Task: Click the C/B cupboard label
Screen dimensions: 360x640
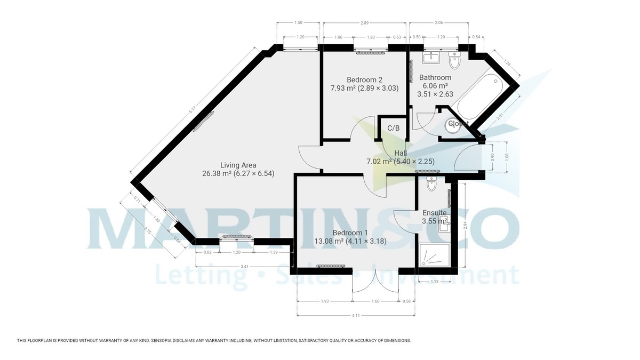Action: coord(394,128)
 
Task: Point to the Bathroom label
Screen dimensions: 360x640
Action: coord(435,77)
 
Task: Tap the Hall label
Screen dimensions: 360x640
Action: coord(401,153)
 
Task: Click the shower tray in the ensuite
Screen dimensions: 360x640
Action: coord(433,255)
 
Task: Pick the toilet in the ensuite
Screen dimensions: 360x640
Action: coord(432,185)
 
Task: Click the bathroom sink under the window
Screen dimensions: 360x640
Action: coord(431,58)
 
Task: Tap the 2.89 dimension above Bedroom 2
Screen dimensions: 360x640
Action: coord(364,23)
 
